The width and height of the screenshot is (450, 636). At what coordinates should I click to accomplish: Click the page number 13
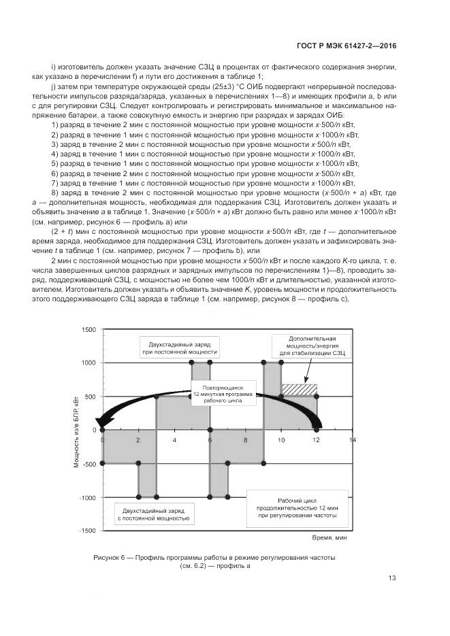click(392, 579)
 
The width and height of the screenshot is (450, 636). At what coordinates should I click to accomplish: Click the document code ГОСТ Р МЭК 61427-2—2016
click(347, 46)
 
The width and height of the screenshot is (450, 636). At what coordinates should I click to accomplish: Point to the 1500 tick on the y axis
click(88, 329)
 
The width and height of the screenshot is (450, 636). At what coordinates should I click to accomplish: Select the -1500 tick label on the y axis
click(86, 530)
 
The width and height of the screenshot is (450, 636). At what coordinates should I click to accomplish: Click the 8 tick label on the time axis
click(246, 440)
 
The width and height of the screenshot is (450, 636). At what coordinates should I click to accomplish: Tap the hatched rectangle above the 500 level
click(299, 389)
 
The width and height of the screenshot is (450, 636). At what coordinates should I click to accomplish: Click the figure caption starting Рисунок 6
click(215, 561)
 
